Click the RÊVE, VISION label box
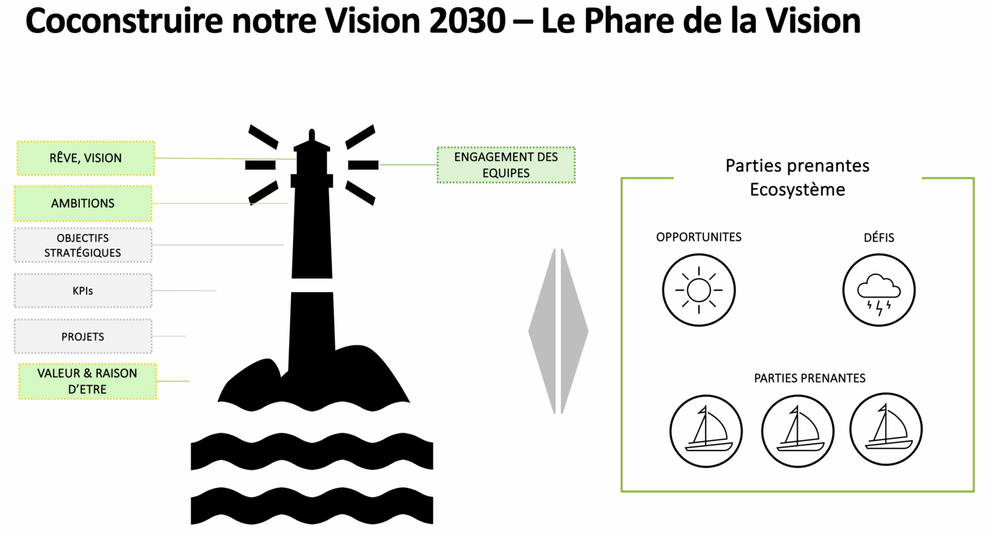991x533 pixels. pyautogui.click(x=85, y=158)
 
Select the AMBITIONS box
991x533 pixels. pyautogui.click(x=83, y=203)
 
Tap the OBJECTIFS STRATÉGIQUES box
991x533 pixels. pyautogui.click(x=83, y=245)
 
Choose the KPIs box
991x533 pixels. pyautogui.click(x=83, y=290)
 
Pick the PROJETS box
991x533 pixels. pyautogui.click(x=83, y=336)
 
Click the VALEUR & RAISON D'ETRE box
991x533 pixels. pyautogui.click(x=87, y=381)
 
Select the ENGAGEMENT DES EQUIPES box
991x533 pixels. pyautogui.click(x=506, y=165)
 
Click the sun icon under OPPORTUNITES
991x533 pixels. pyautogui.click(x=699, y=290)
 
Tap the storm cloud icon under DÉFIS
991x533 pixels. pyautogui.click(x=878, y=290)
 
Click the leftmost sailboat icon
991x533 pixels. pyautogui.click(x=705, y=430)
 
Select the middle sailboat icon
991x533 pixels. pyautogui.click(x=798, y=430)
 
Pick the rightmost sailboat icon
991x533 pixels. pyautogui.click(x=886, y=429)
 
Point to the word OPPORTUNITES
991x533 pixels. pyautogui.click(x=699, y=237)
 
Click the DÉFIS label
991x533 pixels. pyautogui.click(x=879, y=238)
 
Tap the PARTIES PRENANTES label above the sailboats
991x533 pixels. pyautogui.click(x=810, y=378)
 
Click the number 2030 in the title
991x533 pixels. pyautogui.click(x=467, y=21)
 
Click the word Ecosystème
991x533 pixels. pyautogui.click(x=797, y=189)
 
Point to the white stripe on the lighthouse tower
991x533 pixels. pyautogui.click(x=312, y=285)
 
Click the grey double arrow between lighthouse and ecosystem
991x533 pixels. pyautogui.click(x=559, y=331)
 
